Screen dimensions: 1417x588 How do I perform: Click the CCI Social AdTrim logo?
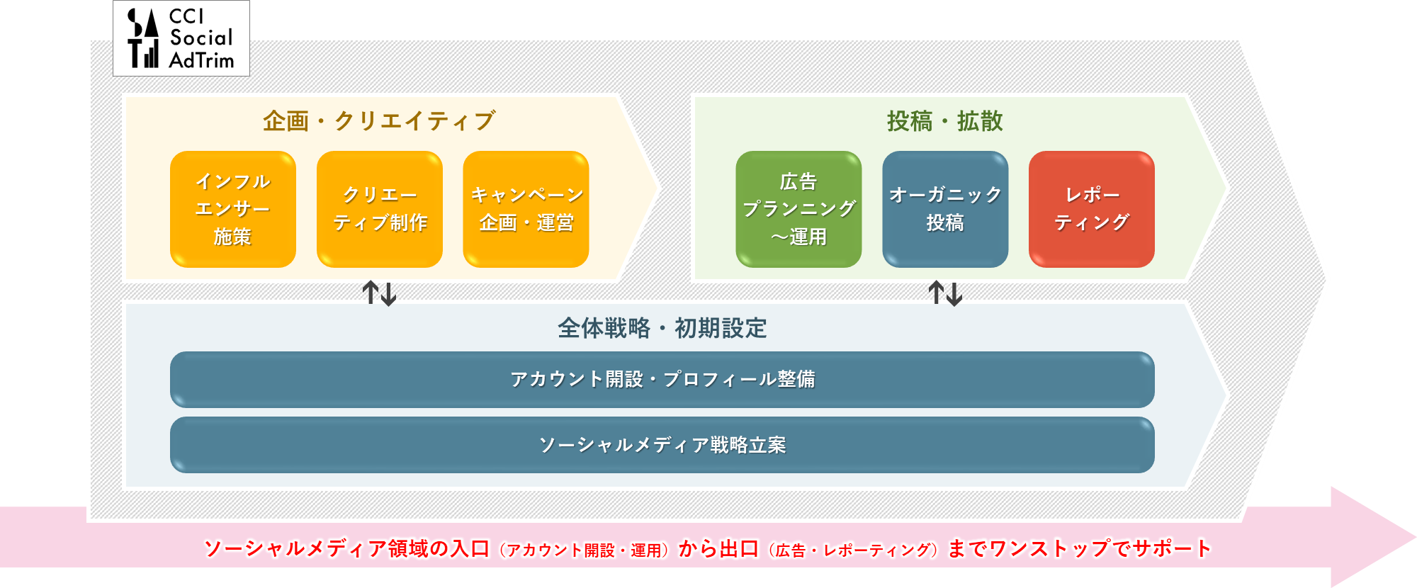click(x=181, y=38)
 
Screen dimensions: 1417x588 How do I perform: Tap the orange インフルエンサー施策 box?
click(x=233, y=209)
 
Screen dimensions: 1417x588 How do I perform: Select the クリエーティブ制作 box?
click(x=380, y=209)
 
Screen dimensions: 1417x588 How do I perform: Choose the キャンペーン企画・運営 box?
click(x=526, y=209)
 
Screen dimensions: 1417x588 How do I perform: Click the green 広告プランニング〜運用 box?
click(x=798, y=209)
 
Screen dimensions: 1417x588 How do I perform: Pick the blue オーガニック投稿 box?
click(x=945, y=209)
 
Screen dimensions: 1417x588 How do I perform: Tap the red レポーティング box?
click(x=1092, y=209)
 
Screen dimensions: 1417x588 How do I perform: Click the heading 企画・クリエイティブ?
click(x=379, y=121)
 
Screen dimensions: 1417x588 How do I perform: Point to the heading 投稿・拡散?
click(x=945, y=121)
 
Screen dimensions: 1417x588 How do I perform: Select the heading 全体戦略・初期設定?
click(x=662, y=328)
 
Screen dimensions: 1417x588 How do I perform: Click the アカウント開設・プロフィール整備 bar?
click(x=662, y=380)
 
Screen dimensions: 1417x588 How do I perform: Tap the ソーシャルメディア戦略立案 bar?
click(x=662, y=445)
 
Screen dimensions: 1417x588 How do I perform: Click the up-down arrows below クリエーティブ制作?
click(x=379, y=293)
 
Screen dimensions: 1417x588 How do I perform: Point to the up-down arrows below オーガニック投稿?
click(x=945, y=293)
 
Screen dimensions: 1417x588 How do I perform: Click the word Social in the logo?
click(x=201, y=38)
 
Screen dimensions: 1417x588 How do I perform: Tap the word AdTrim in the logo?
click(x=201, y=60)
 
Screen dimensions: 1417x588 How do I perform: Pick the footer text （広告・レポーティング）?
click(x=853, y=550)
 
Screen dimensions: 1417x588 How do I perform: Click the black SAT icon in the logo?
click(x=143, y=38)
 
